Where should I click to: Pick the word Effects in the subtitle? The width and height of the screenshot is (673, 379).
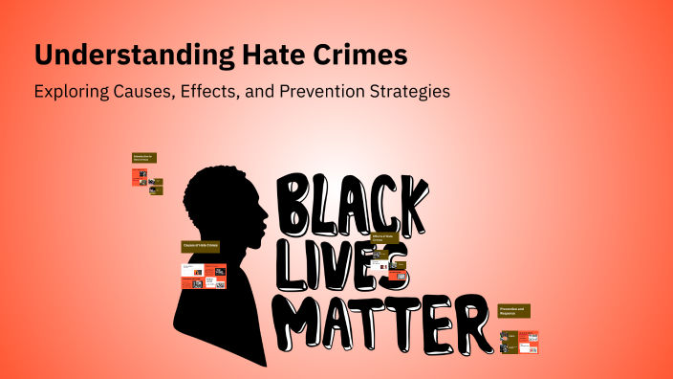pyautogui.click(x=228, y=93)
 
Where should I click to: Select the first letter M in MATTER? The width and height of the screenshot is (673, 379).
pyautogui.click(x=304, y=321)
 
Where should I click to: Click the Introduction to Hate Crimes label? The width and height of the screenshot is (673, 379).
pyautogui.click(x=143, y=157)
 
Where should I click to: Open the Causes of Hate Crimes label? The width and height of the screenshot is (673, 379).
pyautogui.click(x=201, y=247)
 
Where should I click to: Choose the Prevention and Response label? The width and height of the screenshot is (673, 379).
pyautogui.click(x=513, y=311)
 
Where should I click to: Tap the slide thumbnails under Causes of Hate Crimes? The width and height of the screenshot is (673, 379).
pyautogui.click(x=204, y=276)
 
